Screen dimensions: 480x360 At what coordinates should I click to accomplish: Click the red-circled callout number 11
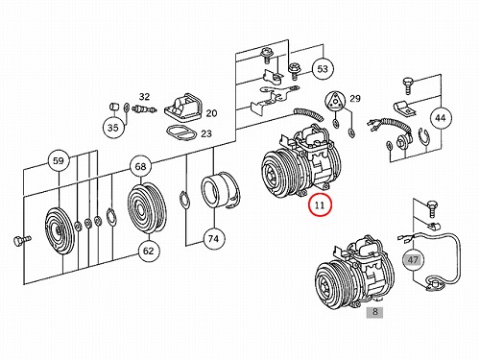320,204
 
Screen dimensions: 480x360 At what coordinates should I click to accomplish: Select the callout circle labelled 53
323,69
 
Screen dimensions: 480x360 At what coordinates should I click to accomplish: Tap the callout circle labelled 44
441,118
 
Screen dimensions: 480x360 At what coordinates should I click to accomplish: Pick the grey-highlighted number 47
413,259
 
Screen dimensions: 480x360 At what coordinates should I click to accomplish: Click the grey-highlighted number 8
375,311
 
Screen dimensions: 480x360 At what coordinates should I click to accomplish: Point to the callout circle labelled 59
59,160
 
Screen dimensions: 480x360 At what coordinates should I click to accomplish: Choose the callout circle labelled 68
140,166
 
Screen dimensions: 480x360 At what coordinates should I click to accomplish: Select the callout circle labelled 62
149,251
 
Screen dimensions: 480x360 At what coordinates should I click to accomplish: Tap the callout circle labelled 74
214,239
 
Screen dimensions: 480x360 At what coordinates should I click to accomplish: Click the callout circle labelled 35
113,128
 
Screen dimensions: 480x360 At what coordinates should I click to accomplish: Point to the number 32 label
144,97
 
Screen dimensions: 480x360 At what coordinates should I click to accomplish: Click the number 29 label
355,99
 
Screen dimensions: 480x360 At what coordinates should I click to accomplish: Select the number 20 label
211,113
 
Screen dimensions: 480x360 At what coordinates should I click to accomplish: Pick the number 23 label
206,133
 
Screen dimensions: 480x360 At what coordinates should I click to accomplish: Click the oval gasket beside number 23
181,132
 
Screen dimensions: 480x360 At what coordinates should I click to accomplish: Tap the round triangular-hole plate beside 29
334,101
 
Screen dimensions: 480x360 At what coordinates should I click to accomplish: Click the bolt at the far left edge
22,240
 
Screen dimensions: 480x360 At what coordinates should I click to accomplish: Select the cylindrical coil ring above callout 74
221,191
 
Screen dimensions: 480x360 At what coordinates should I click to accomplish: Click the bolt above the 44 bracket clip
407,84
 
